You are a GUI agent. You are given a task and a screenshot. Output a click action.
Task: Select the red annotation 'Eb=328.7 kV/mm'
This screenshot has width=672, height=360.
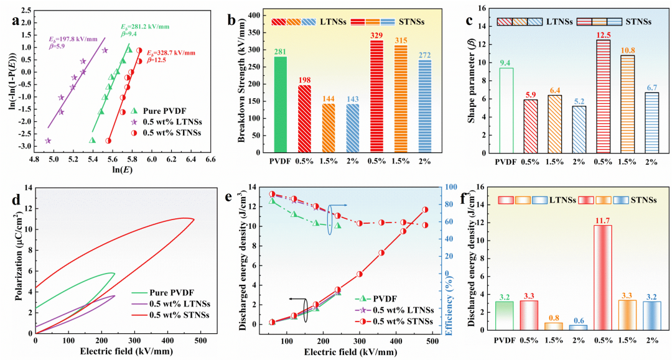(x=170, y=53)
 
